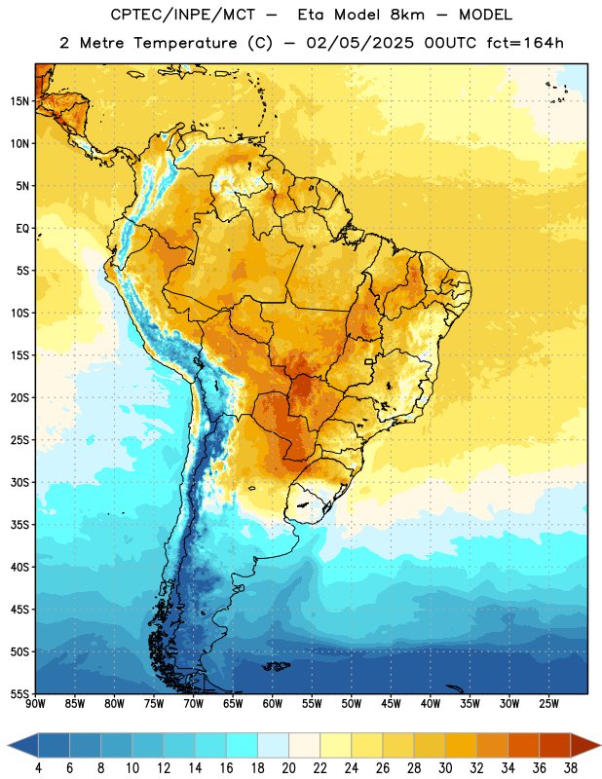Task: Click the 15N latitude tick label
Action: coord(19,101)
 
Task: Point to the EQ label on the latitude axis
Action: coord(22,229)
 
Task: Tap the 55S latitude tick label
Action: coord(19,693)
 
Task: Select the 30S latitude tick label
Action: coord(19,482)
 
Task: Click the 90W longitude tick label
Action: coord(35,704)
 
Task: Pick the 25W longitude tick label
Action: coord(548,704)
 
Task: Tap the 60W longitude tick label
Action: coord(273,704)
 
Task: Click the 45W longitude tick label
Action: coord(391,704)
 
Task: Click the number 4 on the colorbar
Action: coord(38,768)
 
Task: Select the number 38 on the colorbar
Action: coord(571,768)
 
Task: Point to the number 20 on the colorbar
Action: coord(288,768)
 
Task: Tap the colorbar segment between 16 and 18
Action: coord(242,746)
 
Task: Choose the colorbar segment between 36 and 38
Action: coord(555,746)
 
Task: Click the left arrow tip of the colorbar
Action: coord(8,746)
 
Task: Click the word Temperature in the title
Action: coord(185,43)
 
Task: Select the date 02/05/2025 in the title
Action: coord(359,43)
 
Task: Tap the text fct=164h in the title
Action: coord(525,43)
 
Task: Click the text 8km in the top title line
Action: coord(407,15)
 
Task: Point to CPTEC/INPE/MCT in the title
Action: coord(182,15)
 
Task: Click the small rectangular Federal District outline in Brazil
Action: coord(369,361)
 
